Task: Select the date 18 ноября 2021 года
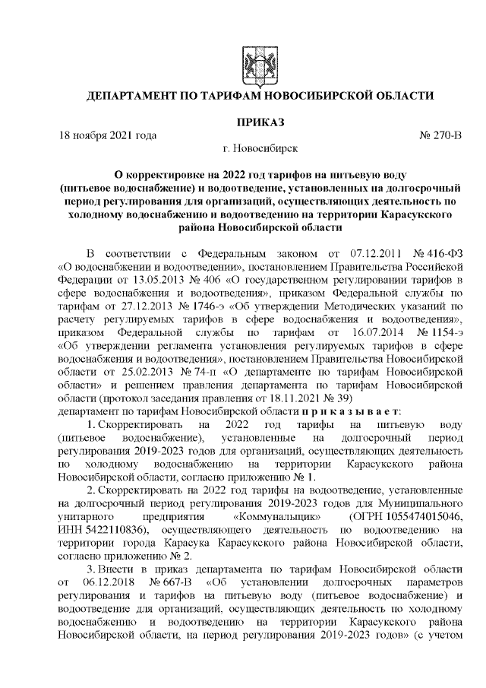108,135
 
